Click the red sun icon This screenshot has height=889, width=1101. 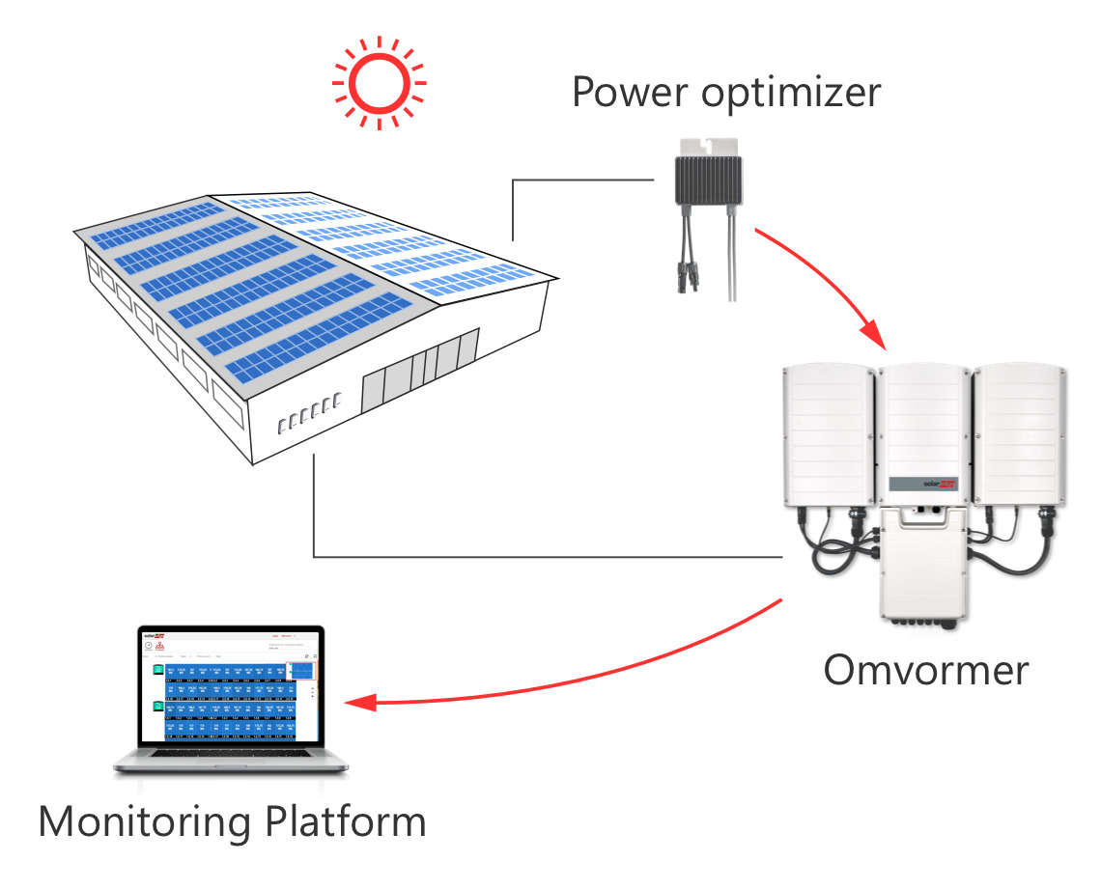point(378,83)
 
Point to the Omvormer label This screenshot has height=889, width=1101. point(925,669)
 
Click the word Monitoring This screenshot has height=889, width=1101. point(145,821)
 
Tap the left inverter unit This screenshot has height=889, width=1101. point(827,434)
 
